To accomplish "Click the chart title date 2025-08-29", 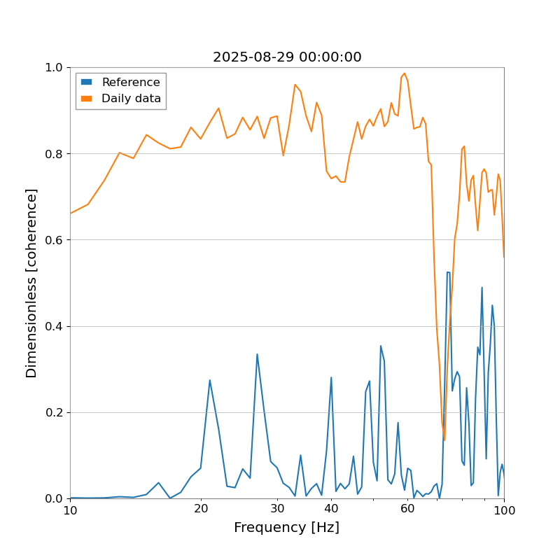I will click(x=287, y=57).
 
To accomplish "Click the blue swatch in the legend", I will click(x=87, y=82).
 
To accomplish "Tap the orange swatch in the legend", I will click(x=87, y=99).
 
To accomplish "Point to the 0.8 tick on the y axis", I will click(x=54, y=154).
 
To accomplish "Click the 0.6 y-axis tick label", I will click(x=54, y=240).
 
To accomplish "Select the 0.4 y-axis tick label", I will click(x=54, y=326).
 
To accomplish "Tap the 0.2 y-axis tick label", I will click(x=54, y=412).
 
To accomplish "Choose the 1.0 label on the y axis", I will click(x=54, y=68).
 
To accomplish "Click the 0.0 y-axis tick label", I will click(x=54, y=498).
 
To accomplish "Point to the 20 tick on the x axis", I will click(x=201, y=510).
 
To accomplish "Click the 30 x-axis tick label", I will click(x=277, y=510).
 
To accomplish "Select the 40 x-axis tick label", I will click(x=331, y=510).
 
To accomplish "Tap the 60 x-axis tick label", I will click(x=407, y=510).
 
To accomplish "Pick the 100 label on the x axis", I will click(x=503, y=510).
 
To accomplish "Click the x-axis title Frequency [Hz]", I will click(x=286, y=528).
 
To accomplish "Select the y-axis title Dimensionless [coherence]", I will click(x=32, y=283).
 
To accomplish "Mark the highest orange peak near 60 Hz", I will click(x=404, y=73).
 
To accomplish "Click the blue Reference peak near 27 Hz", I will click(x=257, y=354).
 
